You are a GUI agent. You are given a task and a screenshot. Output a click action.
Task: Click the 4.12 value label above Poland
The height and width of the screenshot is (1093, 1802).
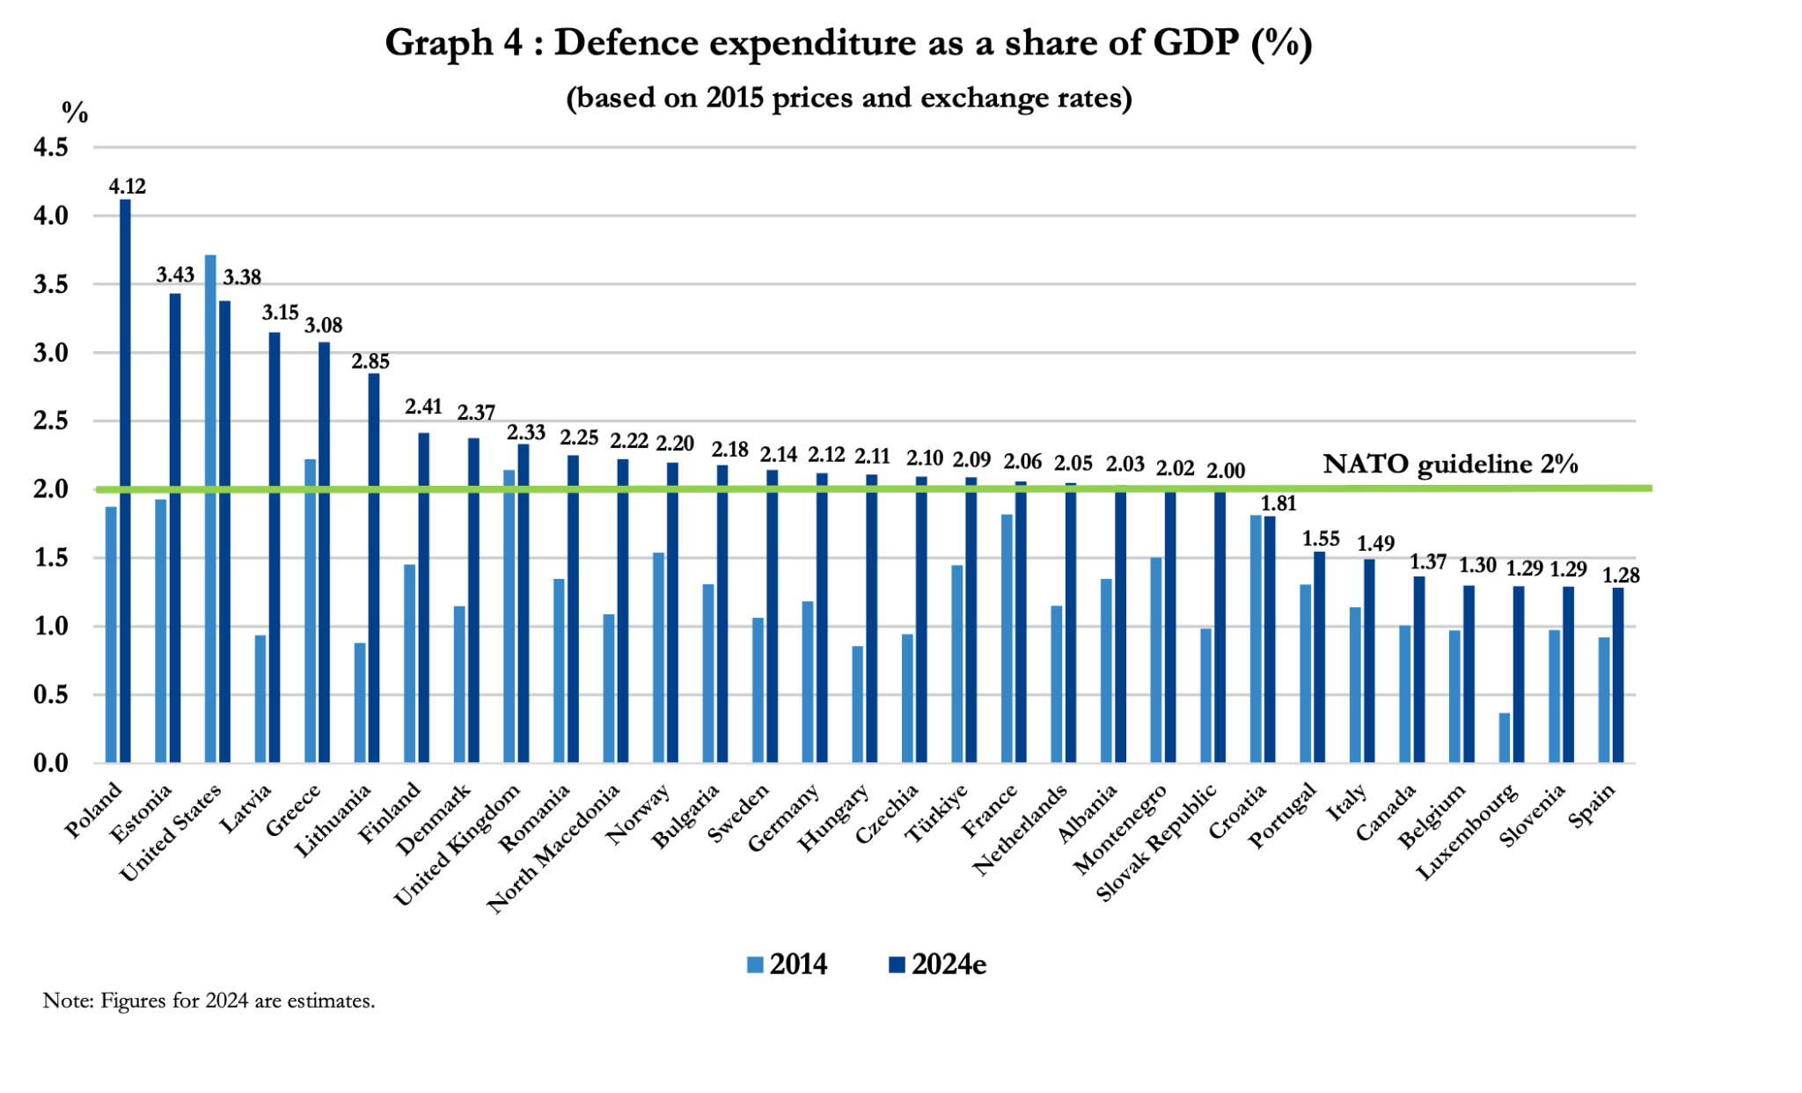tap(127, 187)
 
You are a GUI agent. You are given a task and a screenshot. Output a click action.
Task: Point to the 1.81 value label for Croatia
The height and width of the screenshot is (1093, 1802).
tap(1278, 504)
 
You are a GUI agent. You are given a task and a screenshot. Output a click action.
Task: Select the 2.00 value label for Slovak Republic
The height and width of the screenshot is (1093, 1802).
tap(1226, 471)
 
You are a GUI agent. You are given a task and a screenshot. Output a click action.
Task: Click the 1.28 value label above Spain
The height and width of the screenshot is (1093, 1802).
tap(1621, 576)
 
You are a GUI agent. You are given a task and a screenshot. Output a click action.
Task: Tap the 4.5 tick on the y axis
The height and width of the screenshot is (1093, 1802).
tap(51, 147)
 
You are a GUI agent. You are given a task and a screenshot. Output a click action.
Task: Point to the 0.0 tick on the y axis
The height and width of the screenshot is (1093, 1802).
tap(51, 763)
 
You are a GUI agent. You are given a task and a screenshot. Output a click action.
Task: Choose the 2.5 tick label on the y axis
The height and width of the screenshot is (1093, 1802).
tap(51, 422)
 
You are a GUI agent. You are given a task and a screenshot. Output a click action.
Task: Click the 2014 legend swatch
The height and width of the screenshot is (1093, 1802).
tap(755, 965)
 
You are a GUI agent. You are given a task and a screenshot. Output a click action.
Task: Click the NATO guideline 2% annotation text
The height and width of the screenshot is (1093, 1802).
tap(1450, 464)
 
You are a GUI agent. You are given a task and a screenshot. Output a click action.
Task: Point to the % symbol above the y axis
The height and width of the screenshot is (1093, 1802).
tap(75, 113)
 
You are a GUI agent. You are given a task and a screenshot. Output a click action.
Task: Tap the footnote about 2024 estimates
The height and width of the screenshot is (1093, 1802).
tap(209, 1001)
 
